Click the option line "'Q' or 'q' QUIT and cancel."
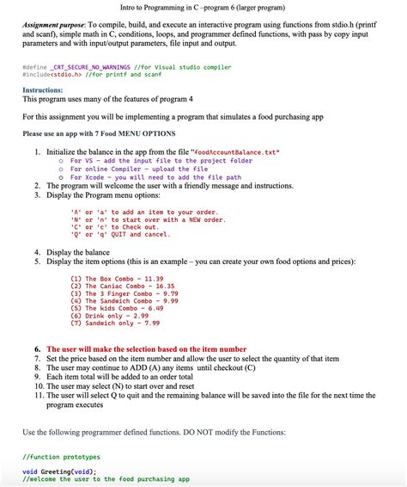click(x=119, y=234)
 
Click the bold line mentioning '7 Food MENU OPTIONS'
click(x=99, y=133)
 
